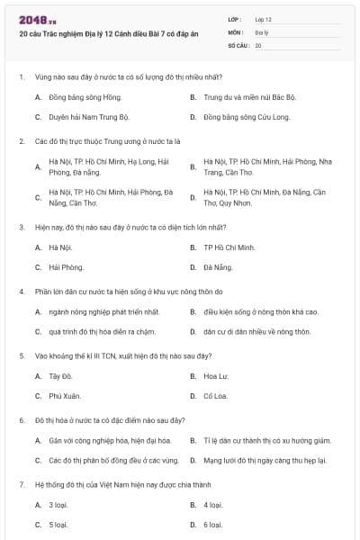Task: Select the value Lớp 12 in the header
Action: pos(263,19)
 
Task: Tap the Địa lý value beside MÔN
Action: pos(260,31)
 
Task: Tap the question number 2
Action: pos(22,141)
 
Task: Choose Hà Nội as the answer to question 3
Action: pos(60,247)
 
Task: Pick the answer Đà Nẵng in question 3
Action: pos(218,267)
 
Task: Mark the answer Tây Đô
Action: pos(60,375)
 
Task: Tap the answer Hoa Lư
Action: pos(216,375)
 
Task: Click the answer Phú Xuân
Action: pos(63,395)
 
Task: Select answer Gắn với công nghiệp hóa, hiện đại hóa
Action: pos(110,440)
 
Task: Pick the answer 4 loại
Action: pos(212,505)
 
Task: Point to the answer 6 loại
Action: pos(212,524)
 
